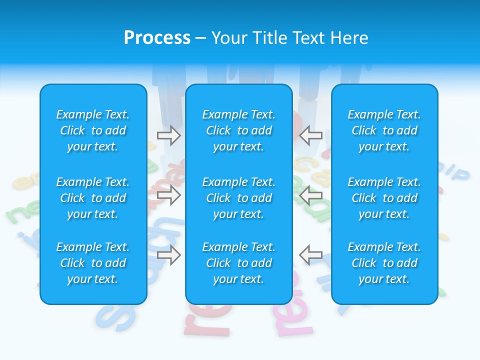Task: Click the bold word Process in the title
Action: click(x=157, y=38)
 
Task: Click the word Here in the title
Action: click(x=348, y=38)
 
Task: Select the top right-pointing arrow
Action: click(x=168, y=135)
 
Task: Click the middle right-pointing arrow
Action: click(x=168, y=195)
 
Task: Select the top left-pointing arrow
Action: click(x=311, y=135)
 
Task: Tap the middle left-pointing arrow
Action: click(x=311, y=195)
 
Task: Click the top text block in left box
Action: click(x=93, y=130)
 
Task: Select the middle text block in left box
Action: click(x=93, y=198)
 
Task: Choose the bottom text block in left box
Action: click(x=93, y=263)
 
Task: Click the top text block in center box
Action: click(x=238, y=130)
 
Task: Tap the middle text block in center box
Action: click(x=238, y=198)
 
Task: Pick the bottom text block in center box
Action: click(x=238, y=263)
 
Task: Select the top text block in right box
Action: click(x=384, y=130)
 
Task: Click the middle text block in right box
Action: click(x=384, y=198)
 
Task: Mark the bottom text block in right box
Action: click(x=384, y=263)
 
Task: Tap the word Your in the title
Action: click(x=229, y=38)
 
